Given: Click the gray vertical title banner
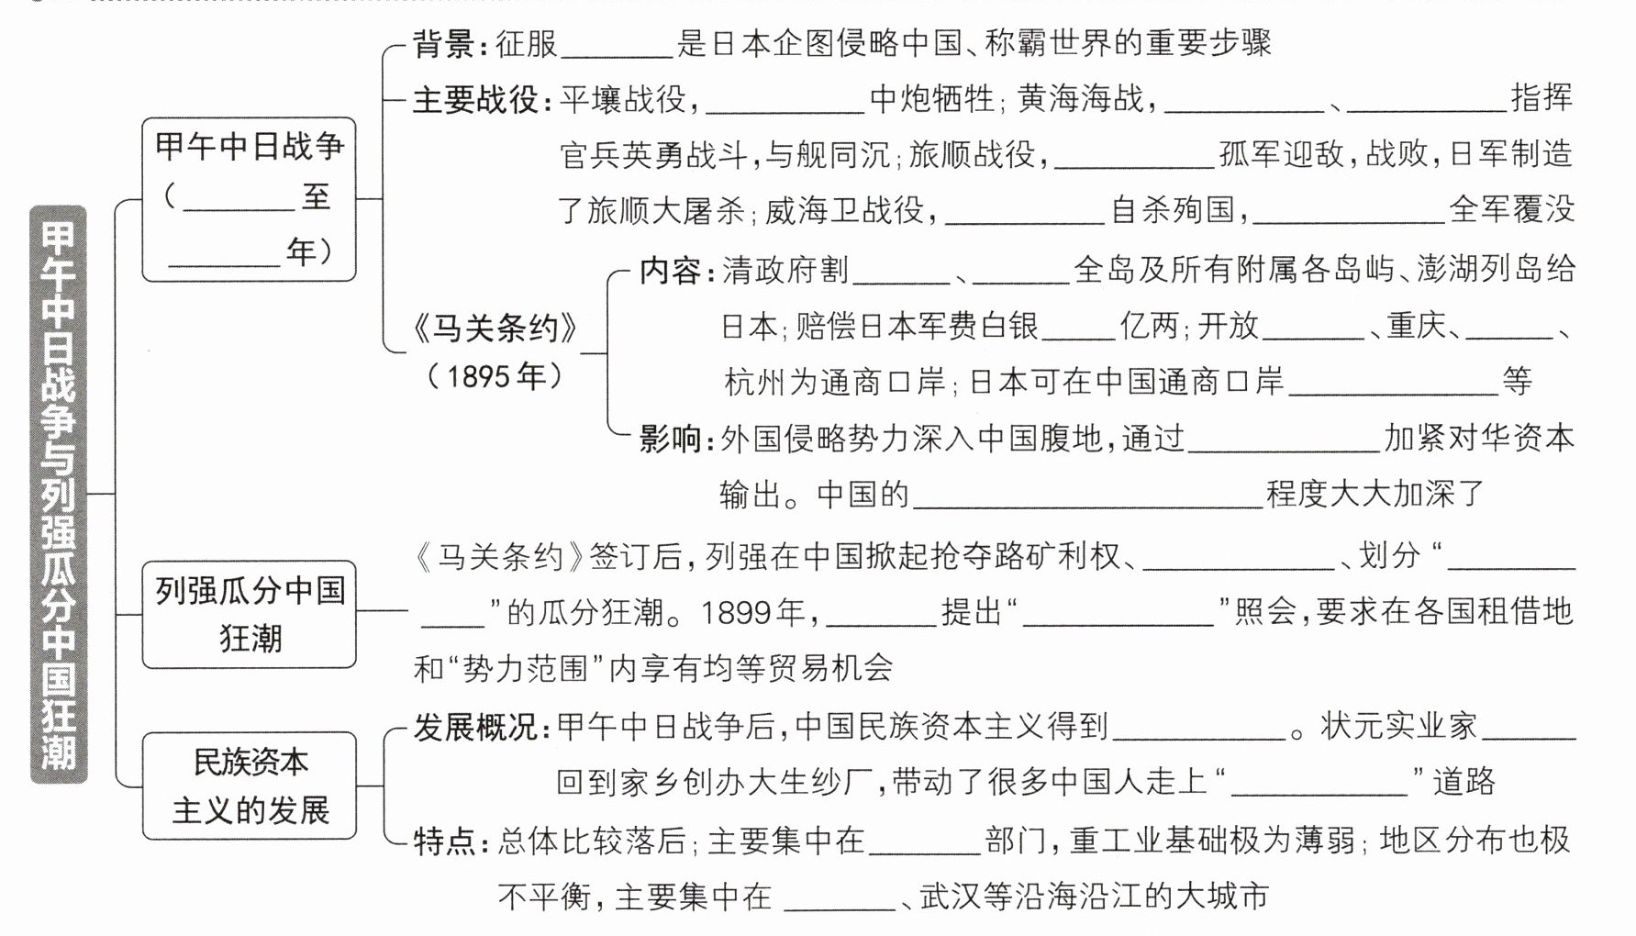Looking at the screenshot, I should pos(59,495).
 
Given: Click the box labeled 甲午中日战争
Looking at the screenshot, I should pos(249,199).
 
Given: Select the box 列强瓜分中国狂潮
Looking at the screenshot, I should pos(249,614).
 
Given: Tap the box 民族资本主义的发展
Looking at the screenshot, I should pos(249,786).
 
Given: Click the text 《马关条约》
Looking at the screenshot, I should pos(495,328).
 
